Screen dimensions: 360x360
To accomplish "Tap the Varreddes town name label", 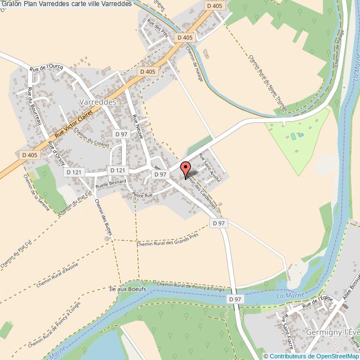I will click(97, 102).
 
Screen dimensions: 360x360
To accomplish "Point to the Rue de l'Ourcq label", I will click(47, 67).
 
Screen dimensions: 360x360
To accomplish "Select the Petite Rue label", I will click(142, 194).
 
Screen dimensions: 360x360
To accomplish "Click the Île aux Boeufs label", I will click(128, 289).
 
